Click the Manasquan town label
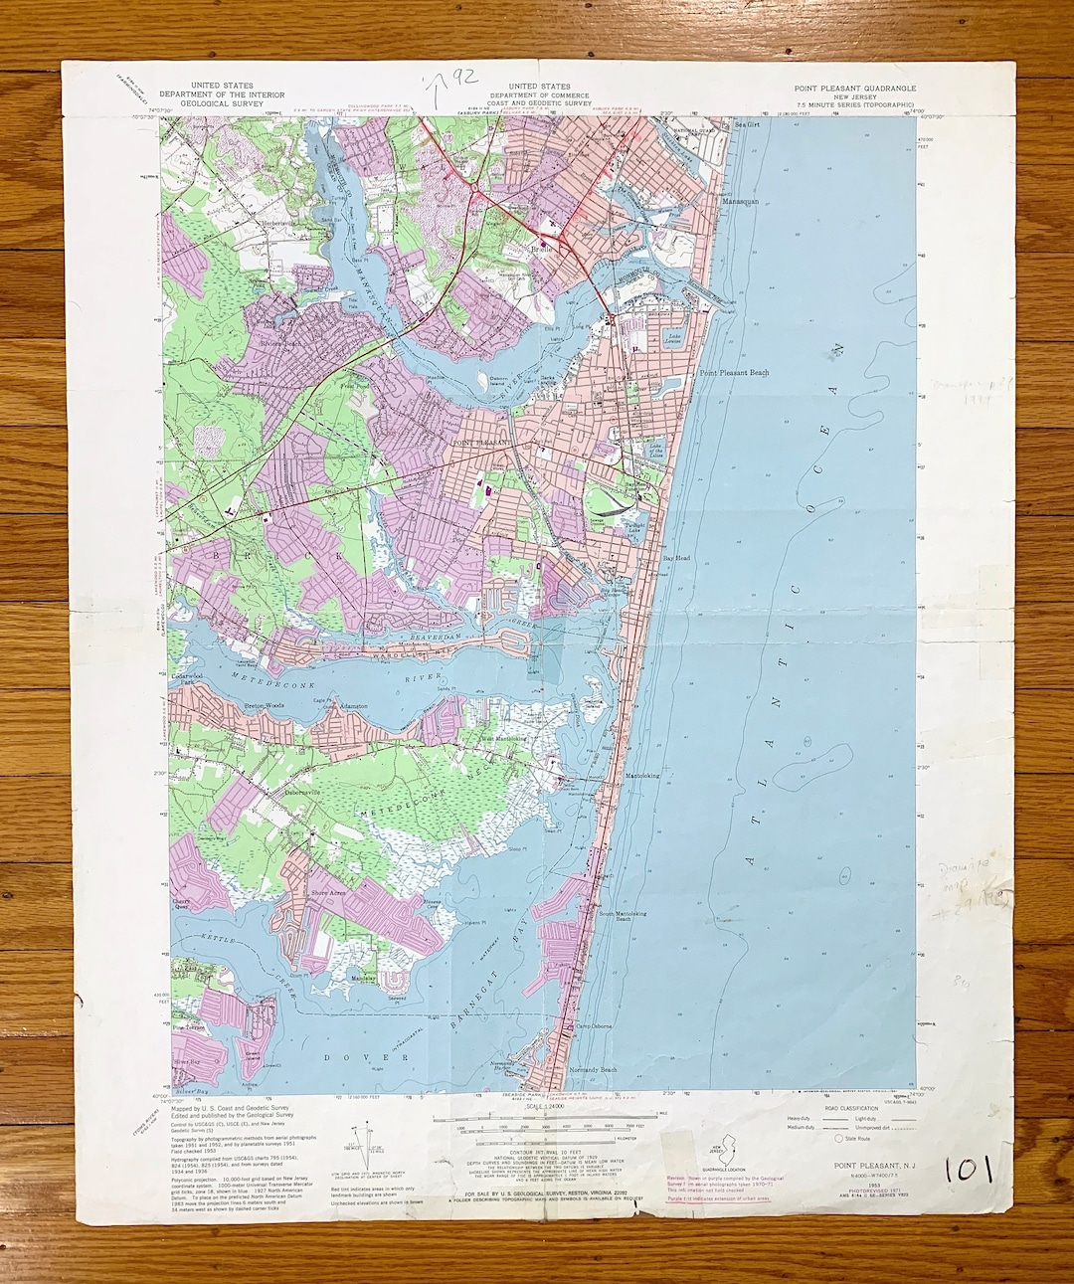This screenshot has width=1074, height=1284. point(739,201)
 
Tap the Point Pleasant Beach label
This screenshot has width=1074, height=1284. point(734,373)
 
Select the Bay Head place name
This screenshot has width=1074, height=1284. point(676,559)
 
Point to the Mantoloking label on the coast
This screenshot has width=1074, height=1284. point(642,776)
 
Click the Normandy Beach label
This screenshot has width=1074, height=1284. point(594,1070)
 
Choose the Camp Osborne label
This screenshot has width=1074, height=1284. point(594,1026)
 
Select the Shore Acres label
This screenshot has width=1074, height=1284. point(328,893)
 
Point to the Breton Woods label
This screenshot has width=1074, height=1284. point(265,706)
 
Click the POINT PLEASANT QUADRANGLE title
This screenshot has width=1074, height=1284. point(854,89)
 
